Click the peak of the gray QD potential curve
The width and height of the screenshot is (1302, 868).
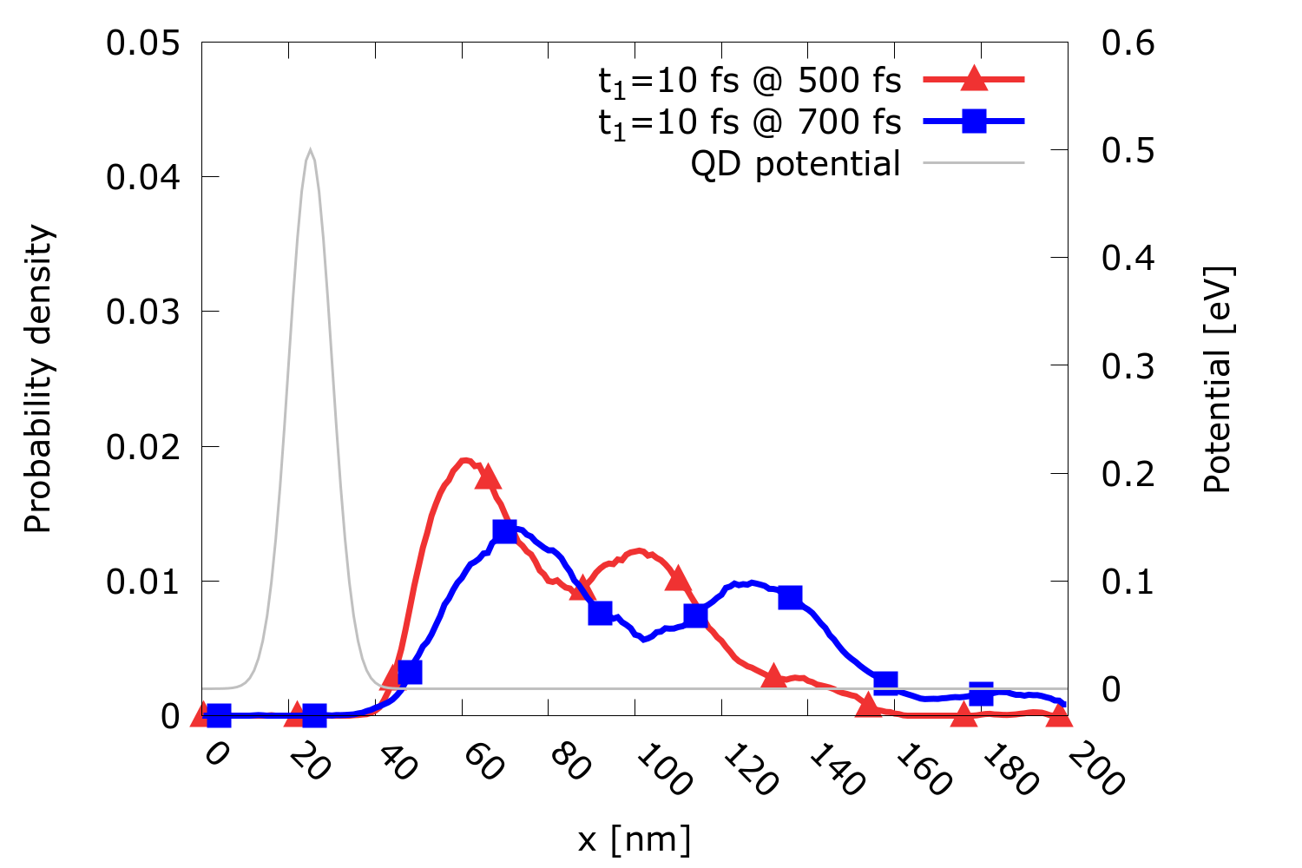pos(310,150)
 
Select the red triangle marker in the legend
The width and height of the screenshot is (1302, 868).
pos(975,79)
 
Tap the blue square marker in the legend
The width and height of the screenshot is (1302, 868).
pos(975,121)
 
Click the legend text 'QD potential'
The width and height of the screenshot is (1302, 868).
pos(795,163)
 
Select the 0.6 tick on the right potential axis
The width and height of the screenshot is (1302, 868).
pos(1128,43)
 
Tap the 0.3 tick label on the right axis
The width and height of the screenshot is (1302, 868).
pos(1128,365)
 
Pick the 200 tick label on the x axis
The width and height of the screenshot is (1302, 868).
pos(1095,771)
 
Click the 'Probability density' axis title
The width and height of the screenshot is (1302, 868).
pos(38,379)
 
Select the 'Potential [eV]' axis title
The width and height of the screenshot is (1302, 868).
pos(1218,379)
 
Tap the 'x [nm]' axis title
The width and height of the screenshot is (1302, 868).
pos(635,839)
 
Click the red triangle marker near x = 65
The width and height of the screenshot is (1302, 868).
pos(488,476)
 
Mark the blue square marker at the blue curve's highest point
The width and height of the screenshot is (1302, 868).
pos(505,530)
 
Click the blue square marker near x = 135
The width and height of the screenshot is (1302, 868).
pos(790,597)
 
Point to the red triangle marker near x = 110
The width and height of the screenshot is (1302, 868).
pos(678,579)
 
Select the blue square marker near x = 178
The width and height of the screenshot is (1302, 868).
pos(981,694)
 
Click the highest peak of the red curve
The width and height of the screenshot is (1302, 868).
pos(464,460)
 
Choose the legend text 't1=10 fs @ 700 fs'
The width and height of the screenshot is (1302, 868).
pos(750,122)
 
